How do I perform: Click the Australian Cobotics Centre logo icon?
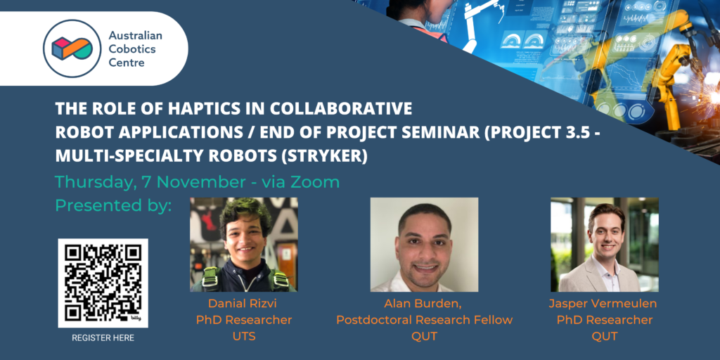pos(71,49)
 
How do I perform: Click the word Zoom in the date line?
pos(316,182)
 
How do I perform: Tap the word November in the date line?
pos(200,182)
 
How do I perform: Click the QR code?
pos(103,283)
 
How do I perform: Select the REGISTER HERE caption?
pos(103,338)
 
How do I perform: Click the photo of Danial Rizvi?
pos(244,245)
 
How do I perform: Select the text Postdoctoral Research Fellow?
pos(424,320)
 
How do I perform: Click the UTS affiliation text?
pos(243,337)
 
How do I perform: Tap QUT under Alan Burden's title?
pos(424,337)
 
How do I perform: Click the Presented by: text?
pos(113,206)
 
